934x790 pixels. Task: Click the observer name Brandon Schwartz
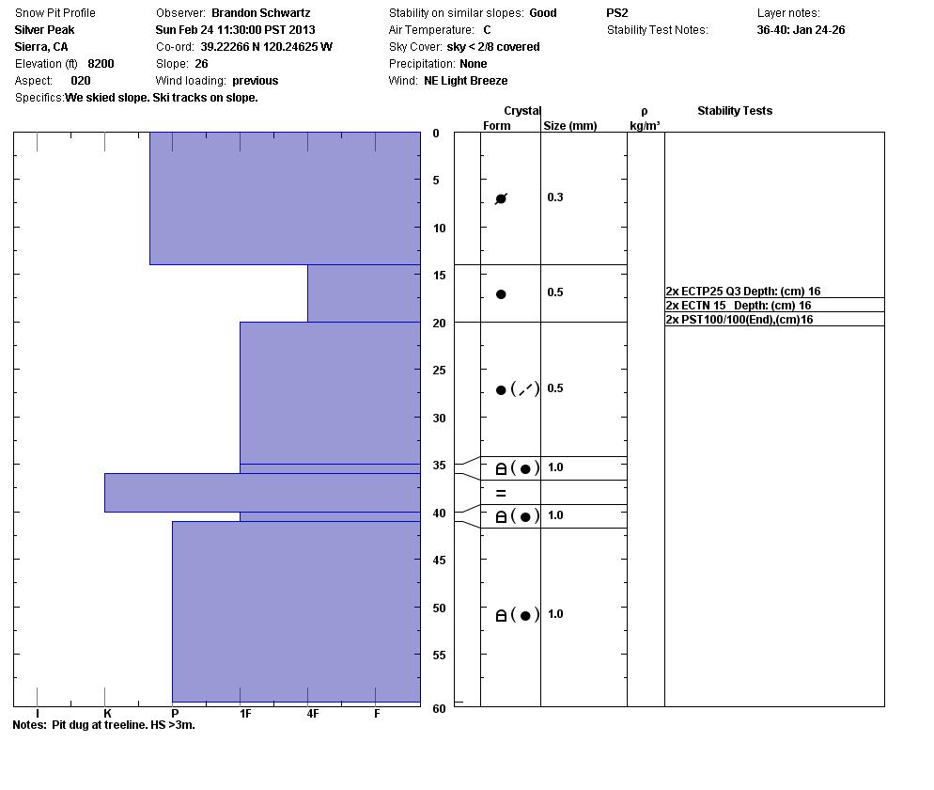pos(260,13)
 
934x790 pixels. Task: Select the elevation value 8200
pos(101,64)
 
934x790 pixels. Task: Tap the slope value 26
pos(201,64)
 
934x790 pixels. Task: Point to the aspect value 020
pos(81,81)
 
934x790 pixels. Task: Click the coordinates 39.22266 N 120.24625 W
pos(266,47)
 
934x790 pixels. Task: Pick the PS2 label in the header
pos(617,13)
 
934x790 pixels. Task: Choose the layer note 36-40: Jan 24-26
pos(801,30)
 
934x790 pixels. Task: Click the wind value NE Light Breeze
pos(465,81)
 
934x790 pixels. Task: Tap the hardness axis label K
pos(107,714)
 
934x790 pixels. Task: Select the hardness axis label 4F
pos(313,714)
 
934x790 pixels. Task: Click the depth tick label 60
pos(439,709)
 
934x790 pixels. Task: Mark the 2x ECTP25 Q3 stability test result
pos(742,292)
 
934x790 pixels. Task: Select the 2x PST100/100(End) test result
pos(739,320)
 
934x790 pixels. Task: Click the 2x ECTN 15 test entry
pos(738,306)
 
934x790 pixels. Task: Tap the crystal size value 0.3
pos(555,197)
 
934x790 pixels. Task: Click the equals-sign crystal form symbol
pos(501,493)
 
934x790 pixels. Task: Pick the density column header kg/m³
pos(645,126)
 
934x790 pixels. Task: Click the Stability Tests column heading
pos(735,111)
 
